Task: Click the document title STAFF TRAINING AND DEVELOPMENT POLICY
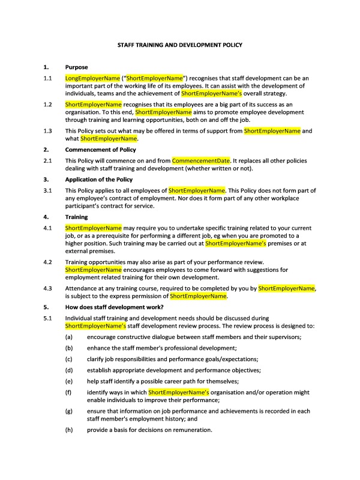point(179,45)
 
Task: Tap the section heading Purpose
point(76,67)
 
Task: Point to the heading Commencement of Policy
point(100,149)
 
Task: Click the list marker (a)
point(69,337)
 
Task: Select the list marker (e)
point(69,382)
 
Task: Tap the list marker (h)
point(69,430)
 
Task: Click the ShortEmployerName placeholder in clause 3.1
point(197,191)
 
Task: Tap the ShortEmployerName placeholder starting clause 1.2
point(93,104)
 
